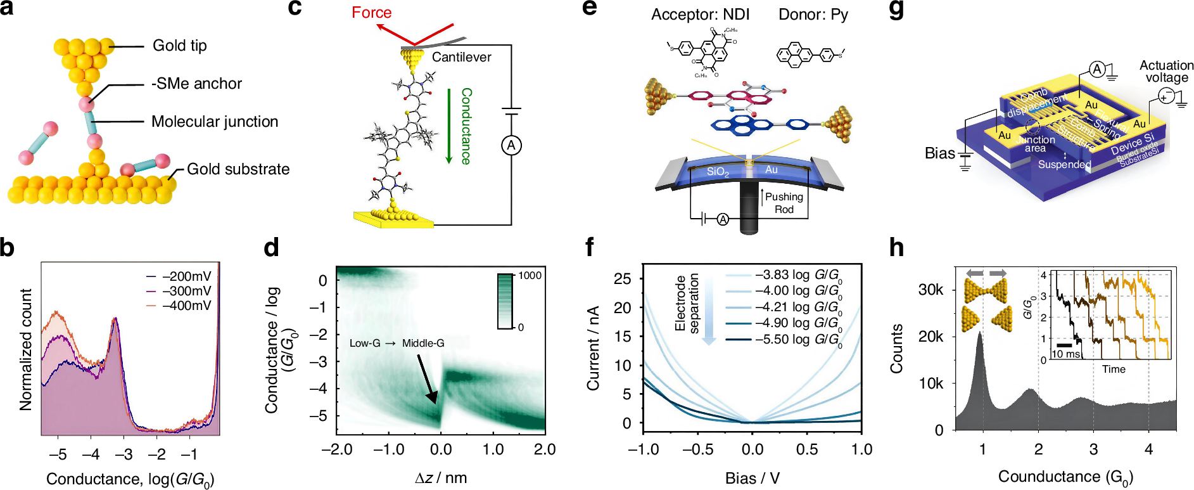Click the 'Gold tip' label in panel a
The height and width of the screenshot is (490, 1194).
click(x=179, y=46)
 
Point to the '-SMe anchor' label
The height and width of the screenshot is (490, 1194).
click(x=196, y=84)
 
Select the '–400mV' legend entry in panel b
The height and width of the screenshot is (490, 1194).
click(x=186, y=306)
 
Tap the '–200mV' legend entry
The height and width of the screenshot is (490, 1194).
click(x=186, y=276)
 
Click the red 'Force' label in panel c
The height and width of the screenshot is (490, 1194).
click(x=371, y=13)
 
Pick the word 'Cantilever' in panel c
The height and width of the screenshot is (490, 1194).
click(x=461, y=57)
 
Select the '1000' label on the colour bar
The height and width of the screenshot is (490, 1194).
click(x=530, y=276)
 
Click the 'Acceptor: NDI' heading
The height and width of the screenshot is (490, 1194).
click(x=700, y=15)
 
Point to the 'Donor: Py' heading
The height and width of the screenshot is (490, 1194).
click(x=813, y=15)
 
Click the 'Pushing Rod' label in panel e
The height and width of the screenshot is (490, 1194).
click(x=784, y=203)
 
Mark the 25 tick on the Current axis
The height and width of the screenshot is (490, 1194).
click(x=623, y=278)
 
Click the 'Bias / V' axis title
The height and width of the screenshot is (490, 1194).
click(x=752, y=478)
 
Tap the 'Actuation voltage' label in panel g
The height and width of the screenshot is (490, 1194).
click(x=1166, y=71)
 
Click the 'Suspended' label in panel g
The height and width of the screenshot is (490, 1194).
click(x=1064, y=164)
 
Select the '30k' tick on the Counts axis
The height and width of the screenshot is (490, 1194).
click(x=930, y=290)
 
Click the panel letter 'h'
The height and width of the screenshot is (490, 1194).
click(x=896, y=248)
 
